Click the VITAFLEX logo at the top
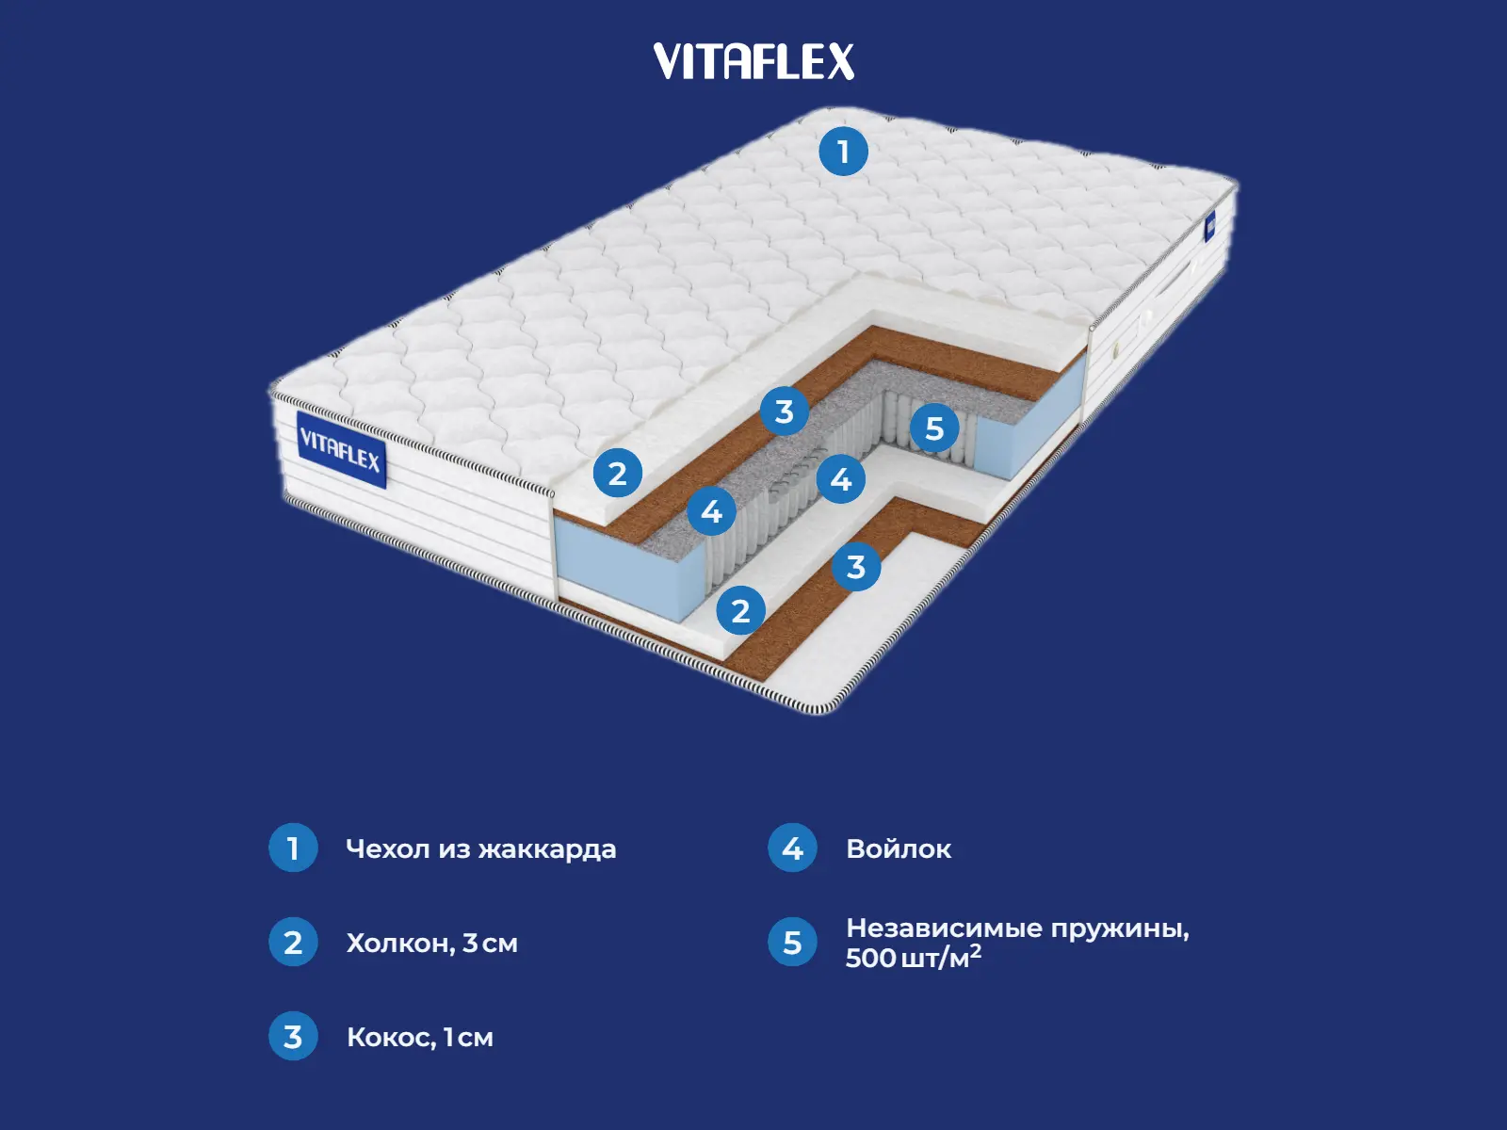click(753, 62)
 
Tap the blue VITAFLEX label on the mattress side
click(341, 449)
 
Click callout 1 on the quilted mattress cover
click(843, 151)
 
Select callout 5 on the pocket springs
click(934, 428)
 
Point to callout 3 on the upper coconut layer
click(785, 412)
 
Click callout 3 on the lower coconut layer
click(855, 567)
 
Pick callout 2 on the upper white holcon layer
click(617, 474)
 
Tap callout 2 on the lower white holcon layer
click(740, 611)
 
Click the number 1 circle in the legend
click(293, 848)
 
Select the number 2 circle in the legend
click(293, 943)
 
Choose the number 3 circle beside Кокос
click(293, 1037)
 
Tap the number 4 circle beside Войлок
click(792, 848)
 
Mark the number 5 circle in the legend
click(792, 943)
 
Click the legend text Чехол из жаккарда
click(480, 849)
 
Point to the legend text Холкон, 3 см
click(431, 944)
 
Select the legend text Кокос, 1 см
click(419, 1038)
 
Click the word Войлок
click(899, 849)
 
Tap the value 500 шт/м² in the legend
click(913, 958)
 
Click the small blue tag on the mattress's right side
click(1209, 225)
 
